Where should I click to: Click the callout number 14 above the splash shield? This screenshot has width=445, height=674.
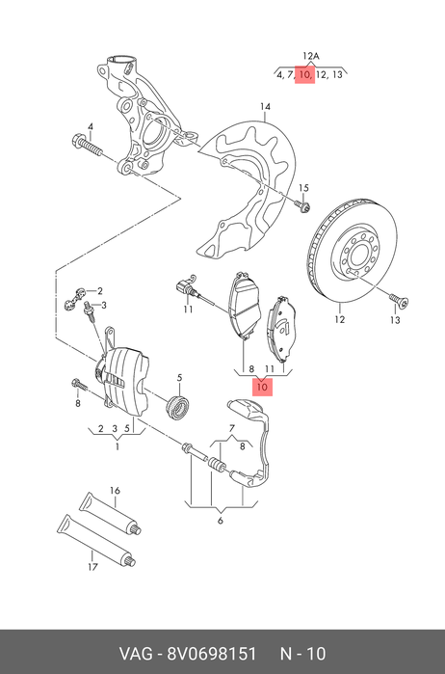coord(266,106)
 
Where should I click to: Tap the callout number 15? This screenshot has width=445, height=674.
coord(303,188)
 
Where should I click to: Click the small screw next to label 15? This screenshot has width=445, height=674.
coord(302,206)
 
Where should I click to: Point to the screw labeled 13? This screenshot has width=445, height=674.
coord(399,300)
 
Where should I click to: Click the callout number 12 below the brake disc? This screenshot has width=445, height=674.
coord(340,319)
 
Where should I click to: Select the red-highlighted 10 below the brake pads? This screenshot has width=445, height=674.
coord(262,388)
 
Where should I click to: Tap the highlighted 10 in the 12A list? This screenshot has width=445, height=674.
coord(304,75)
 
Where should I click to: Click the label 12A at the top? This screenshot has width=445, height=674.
coord(310,56)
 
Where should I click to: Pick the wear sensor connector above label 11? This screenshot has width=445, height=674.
coord(185,286)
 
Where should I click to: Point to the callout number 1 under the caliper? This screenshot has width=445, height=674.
coord(117,447)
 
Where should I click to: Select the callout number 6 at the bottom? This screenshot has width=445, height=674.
coord(221,521)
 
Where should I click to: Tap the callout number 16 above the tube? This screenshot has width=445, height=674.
coord(115,491)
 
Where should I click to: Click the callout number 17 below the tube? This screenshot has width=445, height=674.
coord(92,567)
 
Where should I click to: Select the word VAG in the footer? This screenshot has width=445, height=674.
coord(135,654)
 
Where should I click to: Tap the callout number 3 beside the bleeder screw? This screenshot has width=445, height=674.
coord(103,306)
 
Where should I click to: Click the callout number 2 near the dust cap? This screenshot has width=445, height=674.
coord(100,291)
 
